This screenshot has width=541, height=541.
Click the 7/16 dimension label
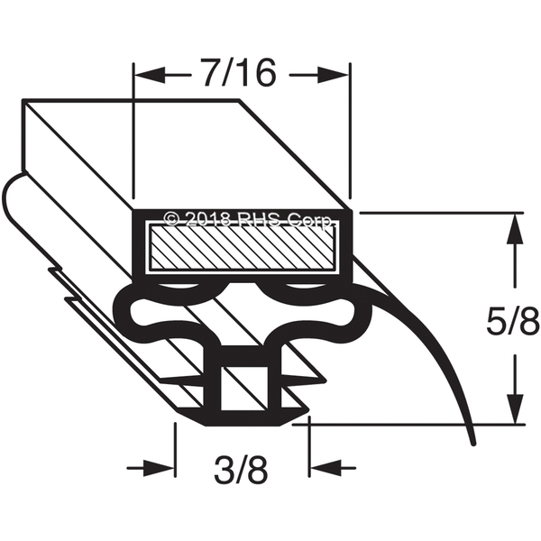[x=240, y=73]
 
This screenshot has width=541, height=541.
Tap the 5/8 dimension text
[x=512, y=320]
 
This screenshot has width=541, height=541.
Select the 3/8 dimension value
[x=241, y=470]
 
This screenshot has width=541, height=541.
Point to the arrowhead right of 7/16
[x=332, y=75]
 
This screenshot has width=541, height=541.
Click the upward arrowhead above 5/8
[x=515, y=228]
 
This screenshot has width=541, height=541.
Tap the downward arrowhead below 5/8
[x=515, y=408]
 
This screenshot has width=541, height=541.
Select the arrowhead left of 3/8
[x=159, y=468]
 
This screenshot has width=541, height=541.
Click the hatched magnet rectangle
[x=243, y=247]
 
